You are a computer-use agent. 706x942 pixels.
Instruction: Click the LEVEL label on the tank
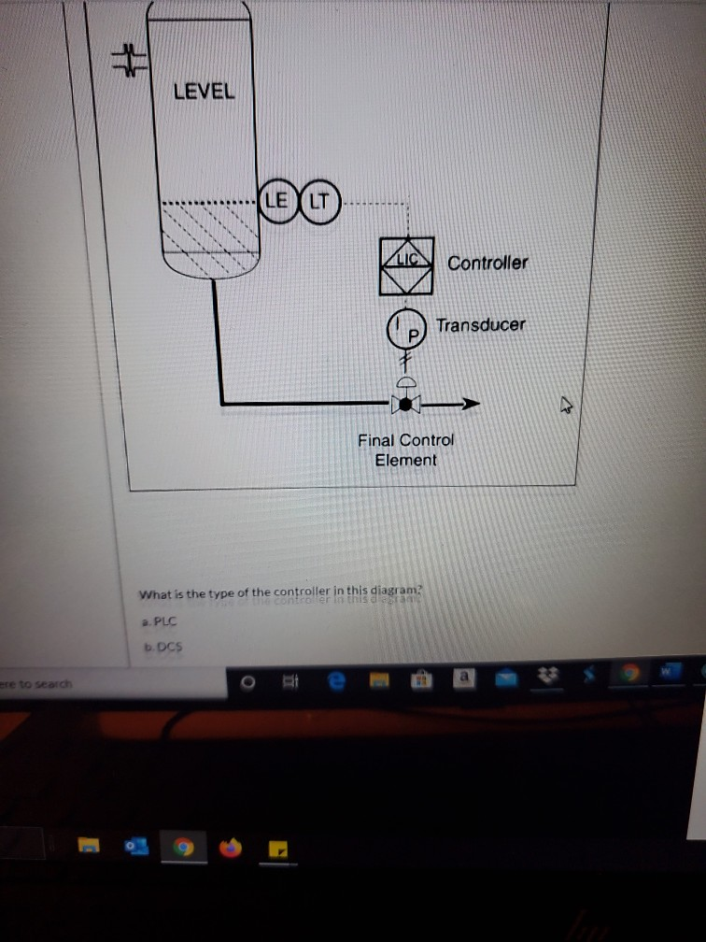[x=204, y=92]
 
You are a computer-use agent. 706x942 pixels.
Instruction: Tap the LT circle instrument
[x=318, y=200]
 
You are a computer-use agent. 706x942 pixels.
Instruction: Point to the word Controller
[x=487, y=264]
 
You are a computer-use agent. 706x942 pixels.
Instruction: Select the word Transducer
[x=480, y=325]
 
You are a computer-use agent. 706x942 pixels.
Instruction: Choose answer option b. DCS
[x=160, y=646]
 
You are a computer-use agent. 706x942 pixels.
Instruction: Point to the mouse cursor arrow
[x=566, y=405]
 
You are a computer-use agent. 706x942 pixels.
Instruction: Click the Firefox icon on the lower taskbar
[x=230, y=849]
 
